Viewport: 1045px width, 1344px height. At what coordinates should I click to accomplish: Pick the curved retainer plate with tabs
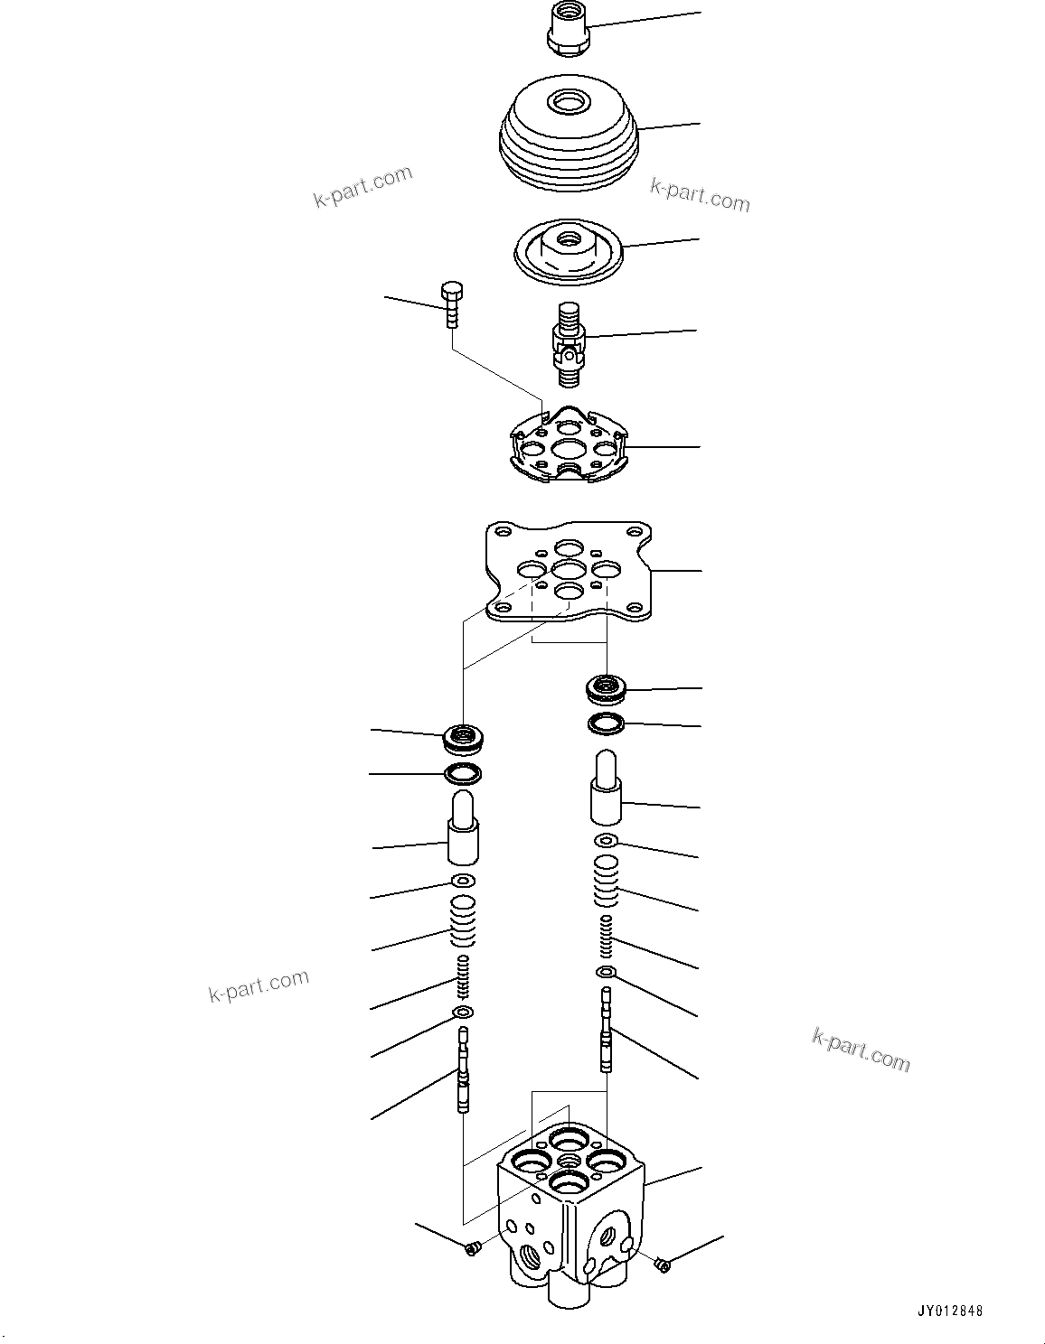pos(567,444)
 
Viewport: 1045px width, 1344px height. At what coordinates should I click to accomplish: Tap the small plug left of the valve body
pos(471,1248)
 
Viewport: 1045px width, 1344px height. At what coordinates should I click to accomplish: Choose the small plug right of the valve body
pos(663,1265)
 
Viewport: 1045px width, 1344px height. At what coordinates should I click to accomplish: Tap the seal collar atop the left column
pos(464,738)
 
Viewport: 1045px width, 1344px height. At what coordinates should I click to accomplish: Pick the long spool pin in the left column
pos(464,1070)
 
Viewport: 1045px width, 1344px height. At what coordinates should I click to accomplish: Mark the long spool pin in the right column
pos(607,1030)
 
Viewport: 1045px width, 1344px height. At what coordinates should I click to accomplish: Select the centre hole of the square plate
pos(569,570)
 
